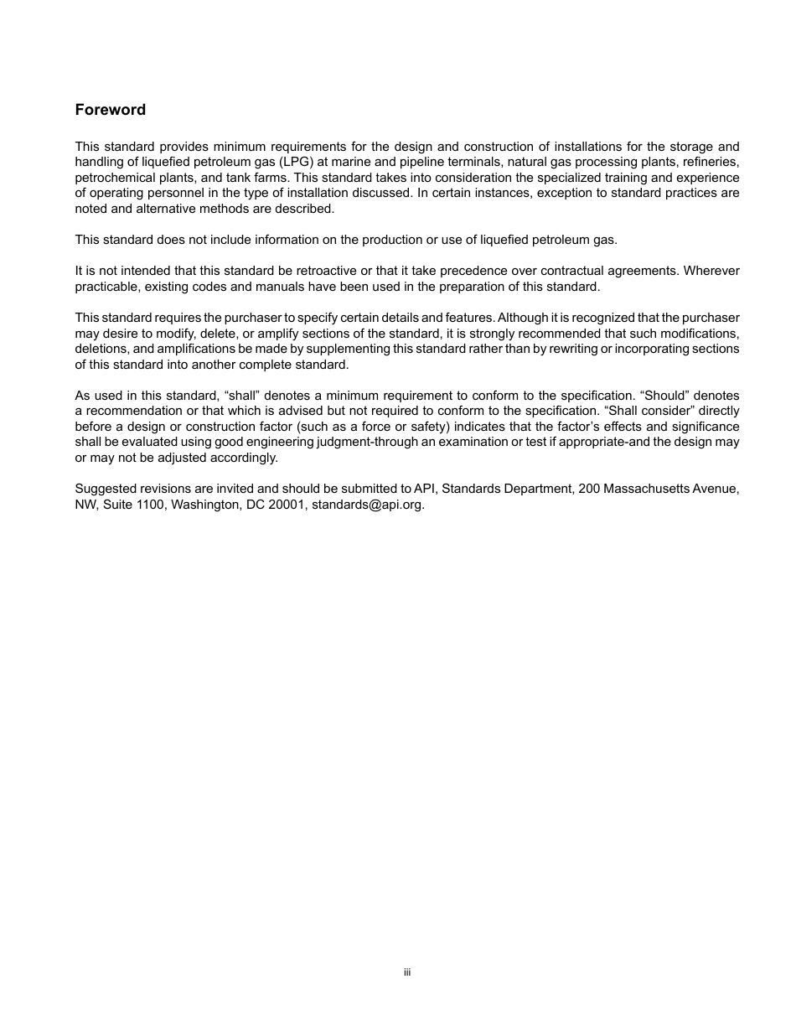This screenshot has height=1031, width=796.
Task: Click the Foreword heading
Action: [x=110, y=110]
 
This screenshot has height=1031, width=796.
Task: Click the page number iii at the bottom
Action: [x=406, y=972]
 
